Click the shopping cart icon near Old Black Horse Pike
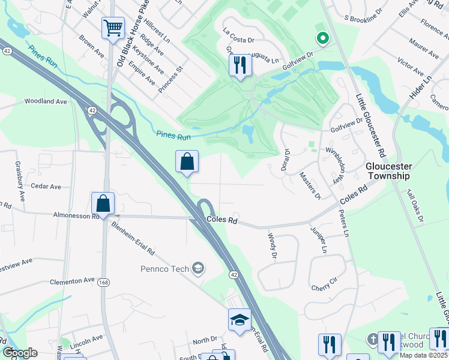click(113, 28)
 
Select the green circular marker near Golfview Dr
click(323, 40)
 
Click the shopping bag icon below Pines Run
click(187, 161)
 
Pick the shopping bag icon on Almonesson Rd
click(103, 203)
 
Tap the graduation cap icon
click(240, 319)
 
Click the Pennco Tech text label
click(165, 269)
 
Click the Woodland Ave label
click(46, 101)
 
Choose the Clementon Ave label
click(73, 280)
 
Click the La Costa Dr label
click(239, 35)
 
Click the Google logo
click(20, 353)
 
